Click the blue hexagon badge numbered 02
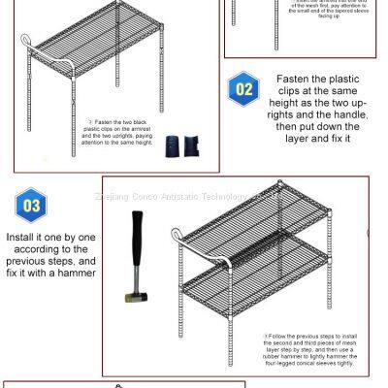point(243,90)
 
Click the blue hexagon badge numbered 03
point(32,206)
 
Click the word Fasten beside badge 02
point(297,78)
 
